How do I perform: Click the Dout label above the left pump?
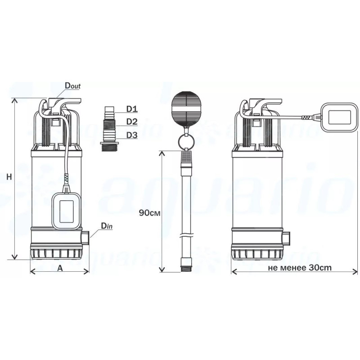click(72, 85)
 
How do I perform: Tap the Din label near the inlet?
click(107, 226)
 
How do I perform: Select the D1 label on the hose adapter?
click(132, 109)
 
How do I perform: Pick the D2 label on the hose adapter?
click(132, 121)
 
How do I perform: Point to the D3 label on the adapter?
click(132, 135)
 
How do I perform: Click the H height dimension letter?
click(9, 177)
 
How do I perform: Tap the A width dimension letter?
click(60, 268)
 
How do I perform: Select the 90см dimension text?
click(149, 213)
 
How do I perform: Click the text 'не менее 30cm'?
click(300, 268)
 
